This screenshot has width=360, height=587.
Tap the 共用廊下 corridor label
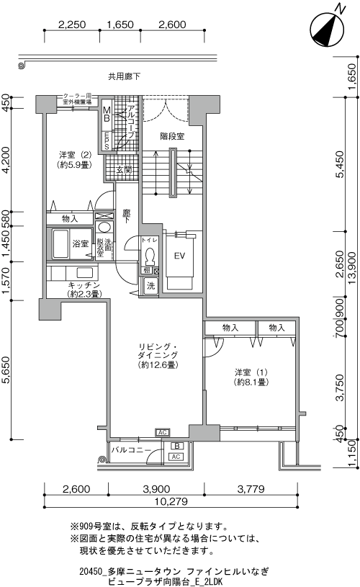point(124,76)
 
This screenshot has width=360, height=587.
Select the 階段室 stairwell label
point(171,135)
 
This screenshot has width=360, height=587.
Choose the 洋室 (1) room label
point(251,377)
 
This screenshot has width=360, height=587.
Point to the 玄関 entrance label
point(122,171)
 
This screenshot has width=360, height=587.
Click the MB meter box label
point(107,115)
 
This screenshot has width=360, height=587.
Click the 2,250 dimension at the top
point(72,24)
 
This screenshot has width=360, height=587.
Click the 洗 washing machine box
point(150,285)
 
